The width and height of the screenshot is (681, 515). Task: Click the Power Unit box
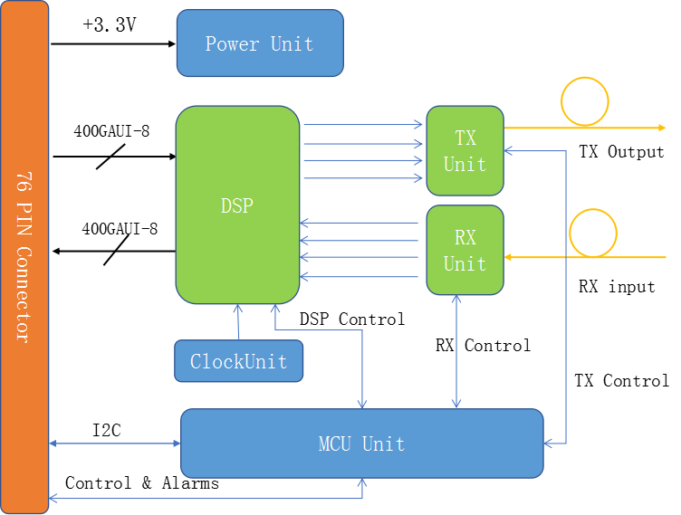(260, 43)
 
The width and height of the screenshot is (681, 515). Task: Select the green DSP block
(237, 205)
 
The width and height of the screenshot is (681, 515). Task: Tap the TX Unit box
(465, 150)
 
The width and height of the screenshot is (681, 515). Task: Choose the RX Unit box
(465, 250)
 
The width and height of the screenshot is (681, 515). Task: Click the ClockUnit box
(238, 361)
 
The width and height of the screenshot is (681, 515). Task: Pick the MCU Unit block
(361, 443)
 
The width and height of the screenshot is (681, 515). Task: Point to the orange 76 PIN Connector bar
(24, 257)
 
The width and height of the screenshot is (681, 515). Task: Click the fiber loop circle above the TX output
(585, 101)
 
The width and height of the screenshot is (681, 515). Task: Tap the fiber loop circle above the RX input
(593, 233)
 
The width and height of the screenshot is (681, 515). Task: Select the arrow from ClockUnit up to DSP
(238, 322)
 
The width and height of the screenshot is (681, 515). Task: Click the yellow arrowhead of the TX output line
(662, 128)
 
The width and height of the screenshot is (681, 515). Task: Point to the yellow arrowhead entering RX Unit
(509, 258)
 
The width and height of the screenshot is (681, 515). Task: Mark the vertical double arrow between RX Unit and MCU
(456, 351)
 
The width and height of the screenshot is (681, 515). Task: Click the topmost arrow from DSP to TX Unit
(362, 124)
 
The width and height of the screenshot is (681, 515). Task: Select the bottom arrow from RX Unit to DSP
(360, 276)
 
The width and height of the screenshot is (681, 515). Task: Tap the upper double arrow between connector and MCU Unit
(115, 443)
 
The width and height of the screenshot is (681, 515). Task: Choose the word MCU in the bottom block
(334, 443)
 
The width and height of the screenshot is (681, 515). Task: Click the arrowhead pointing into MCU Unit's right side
(549, 443)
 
